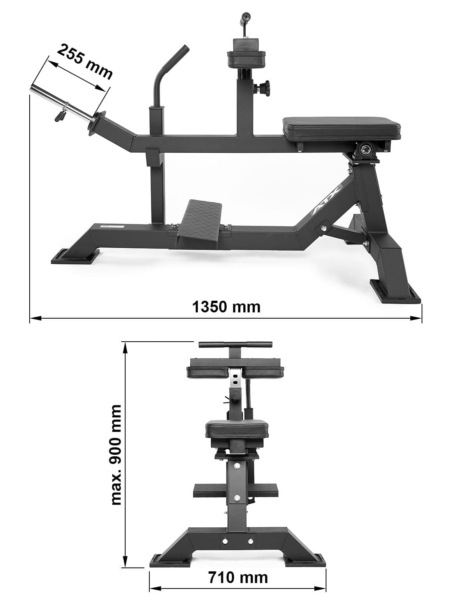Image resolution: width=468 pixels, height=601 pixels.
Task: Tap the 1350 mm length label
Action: pyautogui.click(x=226, y=307)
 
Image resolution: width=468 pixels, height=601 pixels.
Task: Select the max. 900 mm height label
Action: pyautogui.click(x=116, y=454)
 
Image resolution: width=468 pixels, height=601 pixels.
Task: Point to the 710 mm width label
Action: pyautogui.click(x=238, y=577)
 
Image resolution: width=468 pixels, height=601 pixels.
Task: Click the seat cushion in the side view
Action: pyautogui.click(x=341, y=127)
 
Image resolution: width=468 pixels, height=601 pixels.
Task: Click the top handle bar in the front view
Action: pyautogui.click(x=235, y=345)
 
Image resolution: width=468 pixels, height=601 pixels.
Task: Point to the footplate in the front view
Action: pyautogui.click(x=235, y=491)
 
